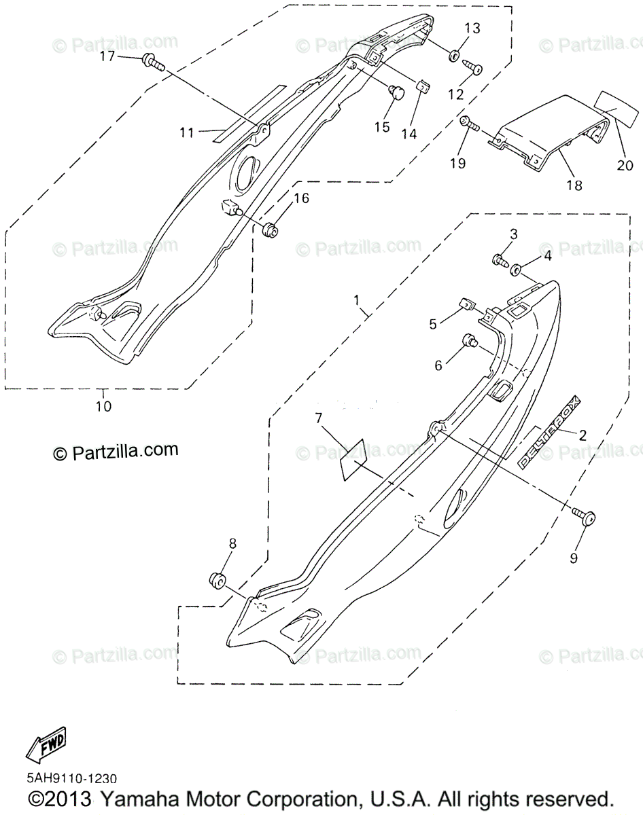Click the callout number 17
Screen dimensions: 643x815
tap(108, 56)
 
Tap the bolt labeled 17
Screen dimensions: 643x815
tap(152, 63)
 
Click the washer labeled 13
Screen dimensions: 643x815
tap(453, 54)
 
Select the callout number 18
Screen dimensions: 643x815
tap(574, 184)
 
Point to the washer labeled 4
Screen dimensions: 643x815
tap(517, 270)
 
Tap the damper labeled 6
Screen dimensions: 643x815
tap(468, 340)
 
